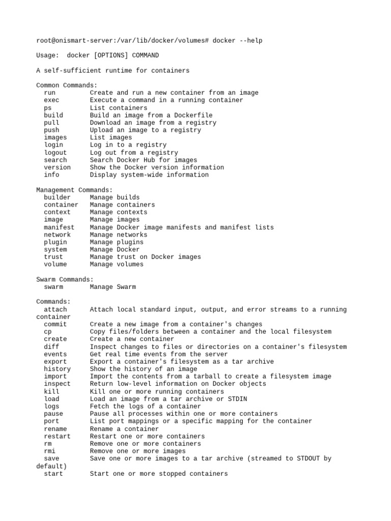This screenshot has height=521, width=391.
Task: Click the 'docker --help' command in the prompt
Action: (238, 40)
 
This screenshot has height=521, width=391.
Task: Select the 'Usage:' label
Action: (48, 55)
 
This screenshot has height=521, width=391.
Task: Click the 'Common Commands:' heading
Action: (67, 85)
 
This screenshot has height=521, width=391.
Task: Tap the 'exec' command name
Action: (51, 100)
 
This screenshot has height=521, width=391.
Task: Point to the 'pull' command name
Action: (51, 123)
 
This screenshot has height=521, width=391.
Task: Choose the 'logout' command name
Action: (55, 153)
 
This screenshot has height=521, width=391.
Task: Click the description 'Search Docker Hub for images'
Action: (144, 160)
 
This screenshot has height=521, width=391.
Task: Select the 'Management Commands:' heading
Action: (74, 190)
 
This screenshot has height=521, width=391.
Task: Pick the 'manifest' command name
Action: (59, 227)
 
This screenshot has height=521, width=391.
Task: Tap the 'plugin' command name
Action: (55, 242)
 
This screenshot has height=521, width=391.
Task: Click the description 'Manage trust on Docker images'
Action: (146, 257)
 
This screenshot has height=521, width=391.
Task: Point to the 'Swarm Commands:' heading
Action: (65, 279)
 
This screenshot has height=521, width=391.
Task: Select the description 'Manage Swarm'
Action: (113, 287)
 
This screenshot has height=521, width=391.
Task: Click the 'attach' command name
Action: (55, 309)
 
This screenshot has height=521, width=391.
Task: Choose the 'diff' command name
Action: (51, 347)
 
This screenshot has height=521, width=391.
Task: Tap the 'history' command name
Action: (58, 369)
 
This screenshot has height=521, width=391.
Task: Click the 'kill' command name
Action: (51, 392)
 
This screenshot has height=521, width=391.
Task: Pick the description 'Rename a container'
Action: (125, 429)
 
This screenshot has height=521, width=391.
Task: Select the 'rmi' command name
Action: (50, 451)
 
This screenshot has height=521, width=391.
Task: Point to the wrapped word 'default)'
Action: (51, 466)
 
